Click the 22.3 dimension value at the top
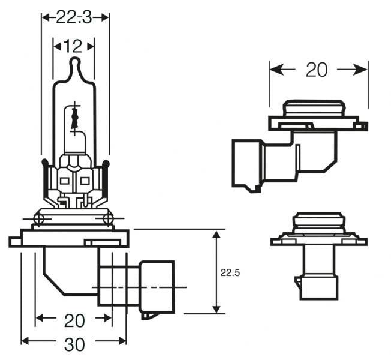[75, 17]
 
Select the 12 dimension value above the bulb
[74, 45]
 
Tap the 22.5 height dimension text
[230, 272]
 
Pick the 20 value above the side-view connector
[317, 70]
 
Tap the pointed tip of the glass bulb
[74, 61]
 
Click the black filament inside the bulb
[74, 116]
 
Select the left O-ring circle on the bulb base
[38, 218]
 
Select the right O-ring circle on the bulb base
[109, 218]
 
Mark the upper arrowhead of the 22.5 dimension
[216, 233]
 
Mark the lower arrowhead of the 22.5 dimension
[216, 308]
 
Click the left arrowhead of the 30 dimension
[25, 341]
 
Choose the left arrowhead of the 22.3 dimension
[45, 17]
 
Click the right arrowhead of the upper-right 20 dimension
[363, 70]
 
